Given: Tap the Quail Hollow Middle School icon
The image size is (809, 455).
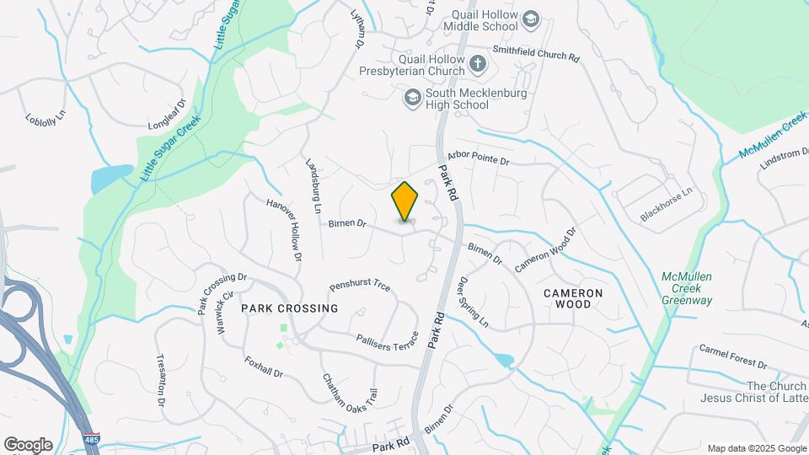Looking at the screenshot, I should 530,19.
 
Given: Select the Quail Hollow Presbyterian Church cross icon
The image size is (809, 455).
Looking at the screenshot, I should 478,62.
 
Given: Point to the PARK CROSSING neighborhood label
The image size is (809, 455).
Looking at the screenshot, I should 290,308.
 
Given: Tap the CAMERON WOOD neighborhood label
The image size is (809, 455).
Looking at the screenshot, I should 573,298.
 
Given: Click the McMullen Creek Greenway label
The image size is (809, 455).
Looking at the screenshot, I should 687,288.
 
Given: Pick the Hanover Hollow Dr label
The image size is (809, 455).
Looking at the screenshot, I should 284,228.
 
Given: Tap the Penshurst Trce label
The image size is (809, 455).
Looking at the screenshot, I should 360,286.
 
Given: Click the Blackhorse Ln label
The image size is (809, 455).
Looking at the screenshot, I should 666,204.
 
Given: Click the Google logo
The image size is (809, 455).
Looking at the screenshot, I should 28,445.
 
